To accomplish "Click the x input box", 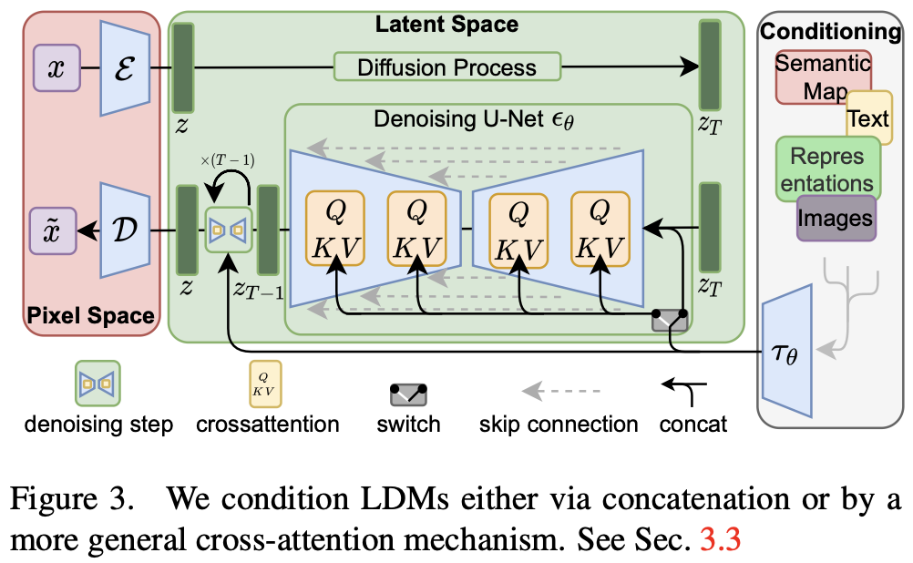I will [56, 68].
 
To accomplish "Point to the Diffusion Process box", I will [446, 67].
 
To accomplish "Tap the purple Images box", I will [836, 219].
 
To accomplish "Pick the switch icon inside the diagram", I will [671, 320].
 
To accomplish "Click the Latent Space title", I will [446, 25].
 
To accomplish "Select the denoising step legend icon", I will [97, 383].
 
